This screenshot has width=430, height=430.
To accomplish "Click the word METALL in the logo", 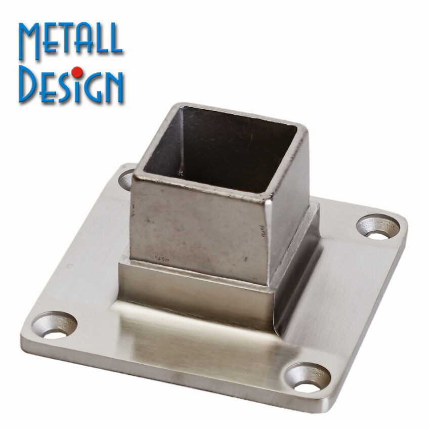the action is coord(70,41).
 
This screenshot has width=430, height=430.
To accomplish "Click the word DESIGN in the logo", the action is coord(71,84).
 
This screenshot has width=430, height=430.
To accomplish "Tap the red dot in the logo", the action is coord(77,72).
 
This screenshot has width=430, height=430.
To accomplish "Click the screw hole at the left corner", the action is coord(55,325).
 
